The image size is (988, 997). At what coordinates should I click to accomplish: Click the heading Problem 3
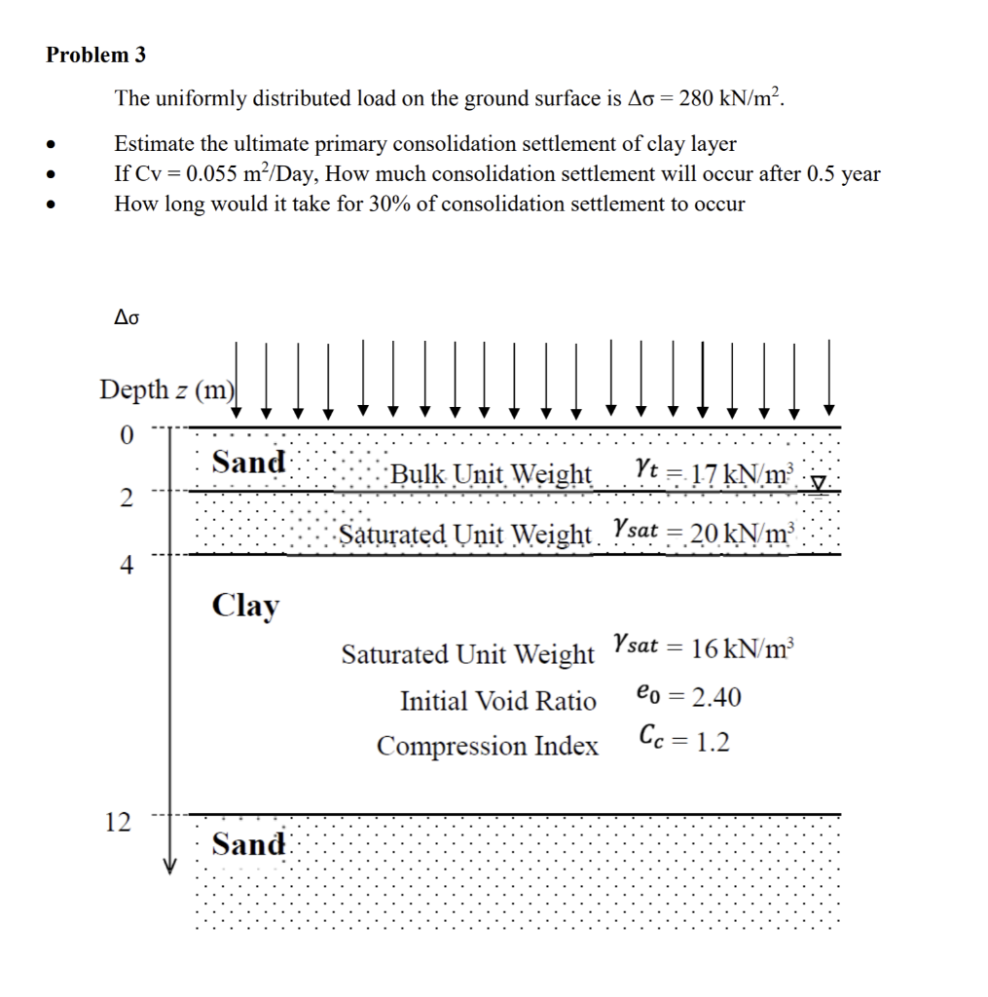pyautogui.click(x=95, y=55)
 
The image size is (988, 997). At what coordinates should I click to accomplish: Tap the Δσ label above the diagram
pyautogui.click(x=128, y=316)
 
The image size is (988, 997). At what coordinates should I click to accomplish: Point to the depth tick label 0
pyautogui.click(x=125, y=433)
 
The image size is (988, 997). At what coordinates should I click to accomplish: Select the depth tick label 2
pyautogui.click(x=125, y=498)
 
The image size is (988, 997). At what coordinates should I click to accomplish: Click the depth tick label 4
pyautogui.click(x=125, y=564)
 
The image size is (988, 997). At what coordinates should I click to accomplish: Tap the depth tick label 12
pyautogui.click(x=118, y=823)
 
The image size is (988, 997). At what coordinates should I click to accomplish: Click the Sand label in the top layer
pyautogui.click(x=249, y=462)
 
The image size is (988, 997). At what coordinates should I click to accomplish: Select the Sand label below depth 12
pyautogui.click(x=249, y=843)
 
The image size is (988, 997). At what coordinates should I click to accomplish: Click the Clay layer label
pyautogui.click(x=245, y=605)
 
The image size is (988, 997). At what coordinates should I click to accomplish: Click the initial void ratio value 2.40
pyautogui.click(x=708, y=697)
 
